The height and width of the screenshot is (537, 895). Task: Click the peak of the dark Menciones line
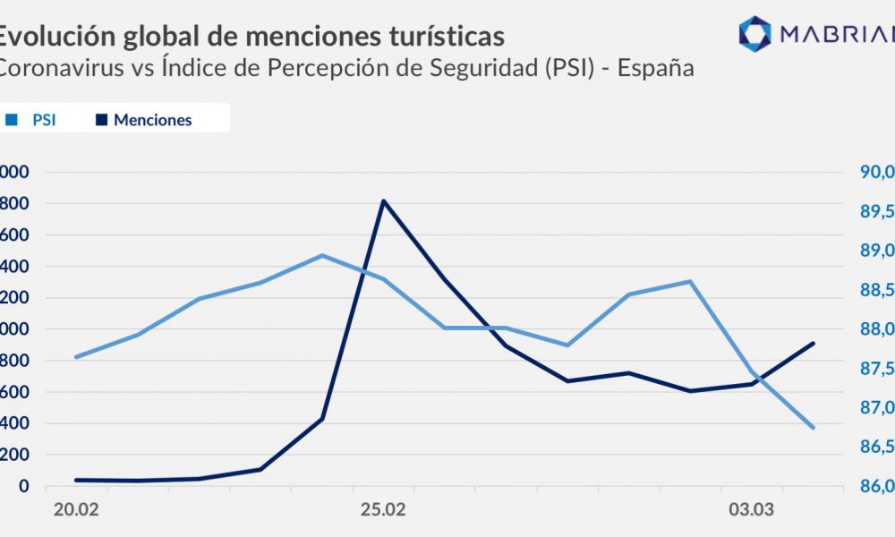point(383,200)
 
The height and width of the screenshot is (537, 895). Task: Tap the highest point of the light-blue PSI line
point(322,255)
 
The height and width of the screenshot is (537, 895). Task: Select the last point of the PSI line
point(814,428)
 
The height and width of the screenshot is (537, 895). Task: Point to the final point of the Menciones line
point(814,343)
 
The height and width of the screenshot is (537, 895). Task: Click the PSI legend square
point(11,119)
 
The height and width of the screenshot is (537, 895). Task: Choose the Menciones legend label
point(152,119)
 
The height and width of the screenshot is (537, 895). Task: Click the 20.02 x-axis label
point(76,510)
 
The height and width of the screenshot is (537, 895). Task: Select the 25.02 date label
point(382,510)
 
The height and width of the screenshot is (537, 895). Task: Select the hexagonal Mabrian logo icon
point(754,33)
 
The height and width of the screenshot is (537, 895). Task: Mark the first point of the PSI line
point(76,357)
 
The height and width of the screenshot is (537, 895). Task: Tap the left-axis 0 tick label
point(25,486)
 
